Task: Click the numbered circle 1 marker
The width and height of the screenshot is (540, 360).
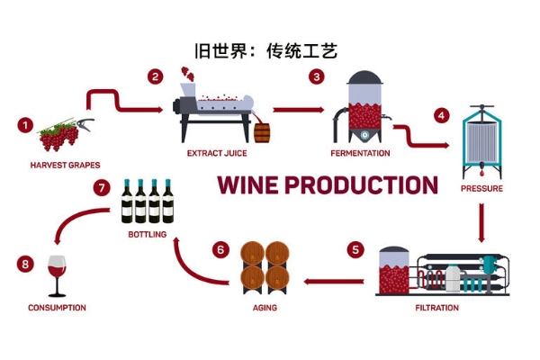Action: [25, 125]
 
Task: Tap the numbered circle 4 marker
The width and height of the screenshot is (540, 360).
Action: [441, 116]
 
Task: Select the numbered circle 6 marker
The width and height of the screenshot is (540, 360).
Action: [220, 249]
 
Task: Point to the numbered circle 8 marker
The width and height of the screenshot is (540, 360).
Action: [25, 264]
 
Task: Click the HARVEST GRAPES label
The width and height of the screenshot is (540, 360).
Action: [65, 165]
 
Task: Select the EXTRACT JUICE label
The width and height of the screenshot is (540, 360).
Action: [217, 153]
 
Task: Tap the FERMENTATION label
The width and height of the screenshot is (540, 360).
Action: [360, 153]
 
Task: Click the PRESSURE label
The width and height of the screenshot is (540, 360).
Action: [481, 189]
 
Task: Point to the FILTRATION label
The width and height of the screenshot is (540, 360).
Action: [436, 308]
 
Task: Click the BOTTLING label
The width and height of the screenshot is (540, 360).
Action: [148, 235]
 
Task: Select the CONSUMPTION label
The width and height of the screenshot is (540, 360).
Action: [57, 308]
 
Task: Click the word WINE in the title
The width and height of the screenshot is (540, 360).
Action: [248, 185]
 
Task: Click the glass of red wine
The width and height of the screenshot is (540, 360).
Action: [57, 274]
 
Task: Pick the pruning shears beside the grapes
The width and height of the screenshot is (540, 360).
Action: [86, 125]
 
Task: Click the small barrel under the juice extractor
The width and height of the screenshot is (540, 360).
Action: [262, 133]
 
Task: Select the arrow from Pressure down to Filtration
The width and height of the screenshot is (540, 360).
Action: [481, 221]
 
